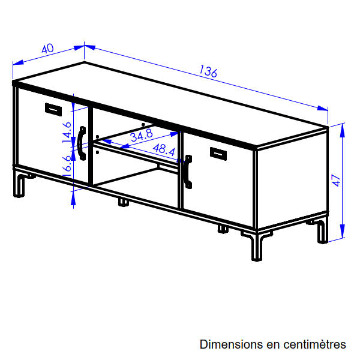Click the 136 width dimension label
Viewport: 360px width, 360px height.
[208, 71]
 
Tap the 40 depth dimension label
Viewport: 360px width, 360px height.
[47, 49]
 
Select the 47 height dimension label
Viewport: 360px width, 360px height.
[336, 181]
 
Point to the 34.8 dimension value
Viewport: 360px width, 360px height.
[142, 135]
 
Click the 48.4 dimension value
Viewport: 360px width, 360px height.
[164, 149]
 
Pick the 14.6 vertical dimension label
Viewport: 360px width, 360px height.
[67, 132]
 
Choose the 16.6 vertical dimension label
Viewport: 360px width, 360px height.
[67, 166]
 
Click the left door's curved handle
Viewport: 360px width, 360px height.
[81, 143]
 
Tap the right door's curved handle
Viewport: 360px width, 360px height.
[188, 172]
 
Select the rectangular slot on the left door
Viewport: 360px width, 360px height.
[53, 110]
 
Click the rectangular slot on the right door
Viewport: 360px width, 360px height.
[218, 154]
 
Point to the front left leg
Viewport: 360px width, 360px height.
[20, 185]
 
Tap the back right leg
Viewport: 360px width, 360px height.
[323, 232]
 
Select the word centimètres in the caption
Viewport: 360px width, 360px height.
[314, 344]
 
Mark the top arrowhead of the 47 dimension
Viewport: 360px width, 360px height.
[343, 130]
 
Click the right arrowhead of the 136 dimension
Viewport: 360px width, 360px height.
[322, 108]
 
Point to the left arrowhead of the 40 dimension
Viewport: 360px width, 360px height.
[18, 62]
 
